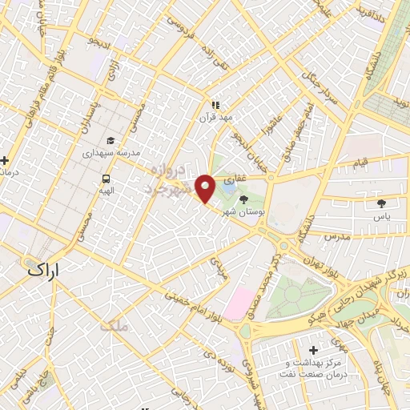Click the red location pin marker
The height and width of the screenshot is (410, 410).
205,188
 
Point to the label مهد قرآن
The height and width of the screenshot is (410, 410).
215,117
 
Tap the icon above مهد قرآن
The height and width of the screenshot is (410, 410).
215,105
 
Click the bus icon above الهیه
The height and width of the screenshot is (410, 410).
106,179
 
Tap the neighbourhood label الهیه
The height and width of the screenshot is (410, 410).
106,191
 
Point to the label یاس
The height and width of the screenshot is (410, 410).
382,216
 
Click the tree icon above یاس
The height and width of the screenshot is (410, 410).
382,204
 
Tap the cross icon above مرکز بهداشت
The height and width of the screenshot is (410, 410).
312,351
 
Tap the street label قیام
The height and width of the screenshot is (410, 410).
360,163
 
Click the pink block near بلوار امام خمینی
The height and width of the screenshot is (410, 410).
239,304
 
